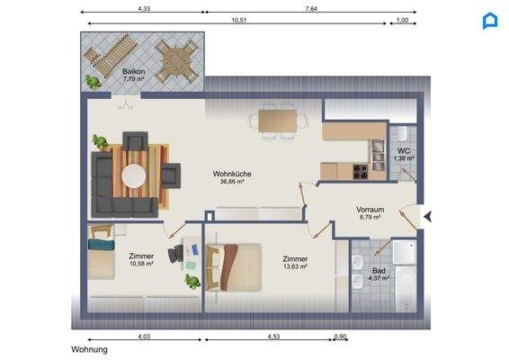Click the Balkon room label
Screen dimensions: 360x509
tap(135, 73)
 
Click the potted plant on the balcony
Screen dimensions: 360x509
tap(93, 81)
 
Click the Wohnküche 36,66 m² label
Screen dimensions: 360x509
tap(232, 176)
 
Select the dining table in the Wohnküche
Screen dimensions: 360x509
tap(278, 121)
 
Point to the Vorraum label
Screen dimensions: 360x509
tap(370, 211)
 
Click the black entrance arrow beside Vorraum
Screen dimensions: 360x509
tap(428, 216)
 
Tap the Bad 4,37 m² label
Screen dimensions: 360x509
tap(379, 274)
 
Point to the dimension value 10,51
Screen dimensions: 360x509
tap(238, 18)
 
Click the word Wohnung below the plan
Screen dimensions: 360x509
tap(90, 349)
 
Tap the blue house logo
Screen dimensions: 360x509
tap(490, 20)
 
